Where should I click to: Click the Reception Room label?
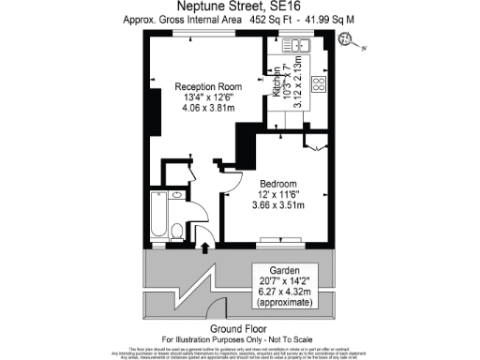point(211,86)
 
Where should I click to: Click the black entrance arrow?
point(206,246)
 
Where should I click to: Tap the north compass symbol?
point(348,38)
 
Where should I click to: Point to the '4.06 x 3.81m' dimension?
point(211,107)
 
